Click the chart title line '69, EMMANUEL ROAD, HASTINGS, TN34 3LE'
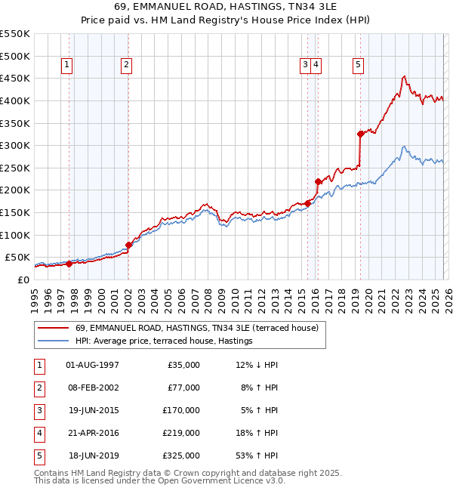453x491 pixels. point(226,7)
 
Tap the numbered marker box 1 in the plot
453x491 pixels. point(68,66)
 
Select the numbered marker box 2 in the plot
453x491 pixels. point(126,66)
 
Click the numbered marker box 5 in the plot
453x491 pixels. point(357,66)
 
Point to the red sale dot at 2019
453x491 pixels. point(360,134)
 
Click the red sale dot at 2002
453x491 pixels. point(128,245)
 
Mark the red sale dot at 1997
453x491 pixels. point(69,264)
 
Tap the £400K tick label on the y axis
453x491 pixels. point(14,100)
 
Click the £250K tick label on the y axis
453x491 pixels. point(14,168)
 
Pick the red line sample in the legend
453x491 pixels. point(52,329)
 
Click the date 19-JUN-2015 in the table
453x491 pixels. point(93,411)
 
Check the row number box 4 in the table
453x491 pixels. point(39,434)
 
